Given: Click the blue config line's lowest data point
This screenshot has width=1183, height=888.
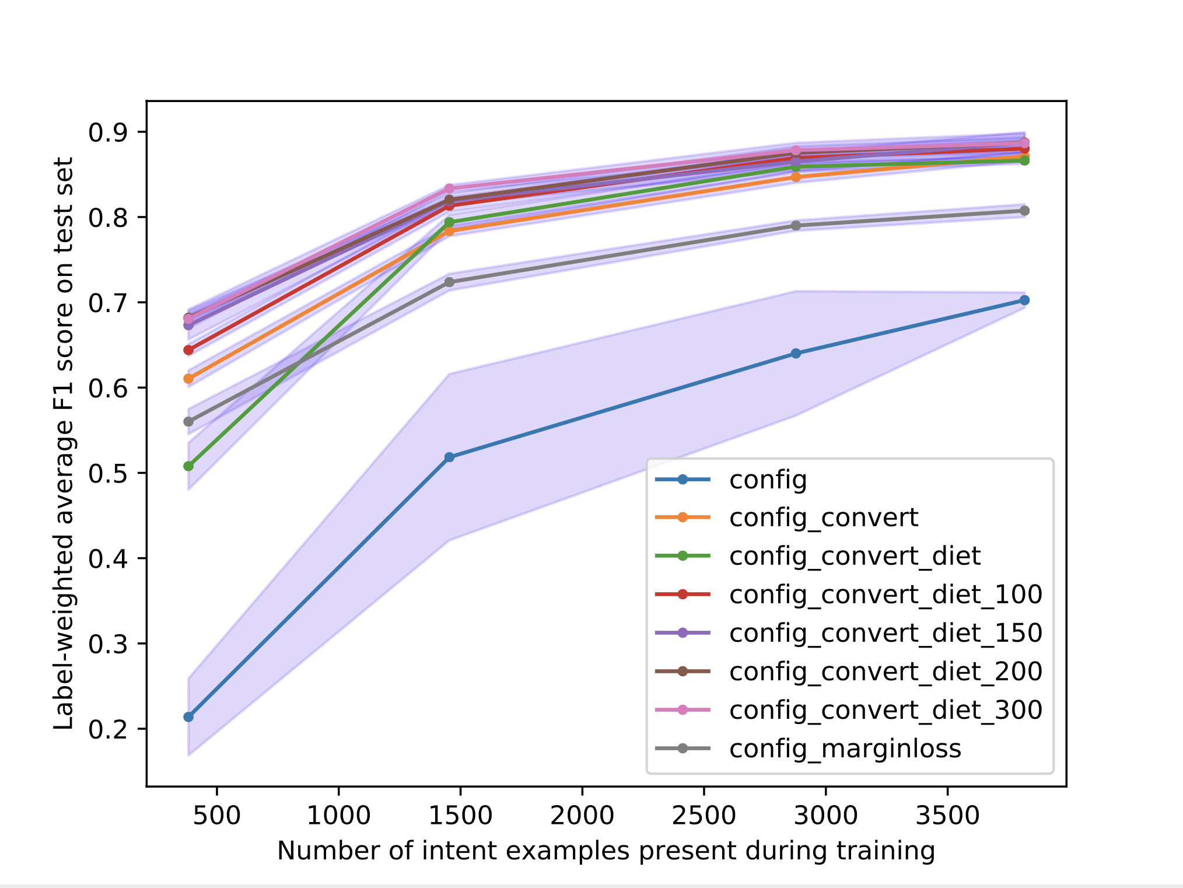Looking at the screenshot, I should click(188, 716).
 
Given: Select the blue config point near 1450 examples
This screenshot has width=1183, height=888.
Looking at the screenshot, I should click(449, 457).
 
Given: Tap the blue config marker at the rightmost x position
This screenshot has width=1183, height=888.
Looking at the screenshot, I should click(1024, 300).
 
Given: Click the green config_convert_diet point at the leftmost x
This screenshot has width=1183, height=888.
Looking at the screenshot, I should click(188, 466).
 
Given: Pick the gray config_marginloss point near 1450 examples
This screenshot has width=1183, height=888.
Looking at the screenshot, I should click(449, 282).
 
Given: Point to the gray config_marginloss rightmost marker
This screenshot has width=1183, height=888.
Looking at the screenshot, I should click(1024, 211).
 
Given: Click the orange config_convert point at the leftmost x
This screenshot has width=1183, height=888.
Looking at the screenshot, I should click(188, 379).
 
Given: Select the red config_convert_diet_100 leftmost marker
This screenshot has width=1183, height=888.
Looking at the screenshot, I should click(188, 350).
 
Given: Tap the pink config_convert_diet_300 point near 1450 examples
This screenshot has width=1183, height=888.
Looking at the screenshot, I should click(449, 188).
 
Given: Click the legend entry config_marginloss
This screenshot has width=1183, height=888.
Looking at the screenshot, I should click(845, 748).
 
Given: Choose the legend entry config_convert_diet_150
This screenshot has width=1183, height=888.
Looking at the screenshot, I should click(885, 632).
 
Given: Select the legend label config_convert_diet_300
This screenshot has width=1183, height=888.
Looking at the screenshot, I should click(885, 709).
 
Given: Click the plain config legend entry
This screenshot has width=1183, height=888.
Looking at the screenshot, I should click(768, 480).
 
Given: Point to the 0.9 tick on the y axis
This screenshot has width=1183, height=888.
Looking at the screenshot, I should click(107, 132).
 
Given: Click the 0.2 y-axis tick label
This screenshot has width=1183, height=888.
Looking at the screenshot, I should click(107, 729).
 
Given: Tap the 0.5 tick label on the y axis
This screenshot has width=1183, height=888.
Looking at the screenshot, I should click(107, 473).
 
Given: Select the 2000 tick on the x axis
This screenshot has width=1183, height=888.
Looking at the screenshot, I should click(582, 815).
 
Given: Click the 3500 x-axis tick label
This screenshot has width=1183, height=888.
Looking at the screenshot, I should click(947, 815).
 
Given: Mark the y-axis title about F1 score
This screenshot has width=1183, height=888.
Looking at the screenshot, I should click(64, 443).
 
